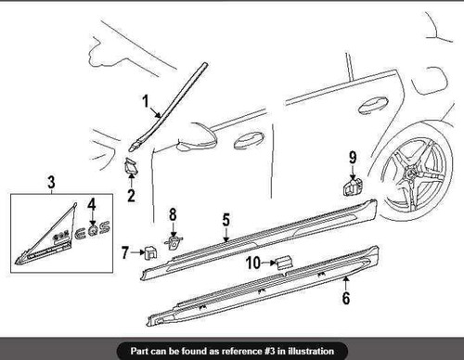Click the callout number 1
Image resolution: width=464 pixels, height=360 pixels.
(x=146, y=101)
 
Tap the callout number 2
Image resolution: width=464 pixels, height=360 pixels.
(x=131, y=196)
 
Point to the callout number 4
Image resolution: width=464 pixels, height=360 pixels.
(x=91, y=203)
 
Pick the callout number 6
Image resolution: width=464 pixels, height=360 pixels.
(x=346, y=299)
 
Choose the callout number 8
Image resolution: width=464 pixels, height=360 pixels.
(x=171, y=216)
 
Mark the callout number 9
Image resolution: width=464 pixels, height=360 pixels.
(x=353, y=157)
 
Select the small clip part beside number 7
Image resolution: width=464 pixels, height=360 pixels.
(x=148, y=251)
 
